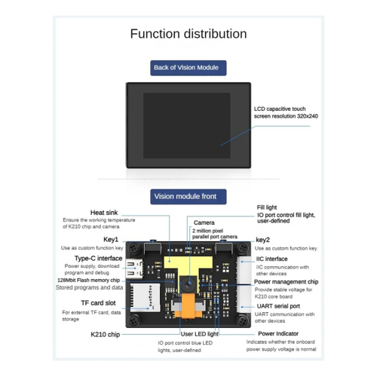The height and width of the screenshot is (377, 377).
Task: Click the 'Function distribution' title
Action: (x=188, y=34)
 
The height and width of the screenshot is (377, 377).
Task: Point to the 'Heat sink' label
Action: (x=103, y=213)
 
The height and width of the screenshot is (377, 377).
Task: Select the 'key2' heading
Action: (x=263, y=240)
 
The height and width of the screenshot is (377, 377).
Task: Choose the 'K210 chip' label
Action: (x=105, y=334)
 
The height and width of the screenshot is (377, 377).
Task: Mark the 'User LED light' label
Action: (x=200, y=333)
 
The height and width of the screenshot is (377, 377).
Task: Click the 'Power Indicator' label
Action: (x=278, y=333)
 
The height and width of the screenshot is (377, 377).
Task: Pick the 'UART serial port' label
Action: (x=278, y=306)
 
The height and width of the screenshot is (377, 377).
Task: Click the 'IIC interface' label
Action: (x=271, y=259)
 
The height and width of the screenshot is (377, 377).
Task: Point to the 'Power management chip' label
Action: (x=286, y=282)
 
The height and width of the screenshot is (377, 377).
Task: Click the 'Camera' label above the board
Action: (x=204, y=223)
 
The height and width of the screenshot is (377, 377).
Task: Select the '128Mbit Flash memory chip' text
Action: (x=93, y=280)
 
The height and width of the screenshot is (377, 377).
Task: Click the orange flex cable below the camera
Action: (x=188, y=308)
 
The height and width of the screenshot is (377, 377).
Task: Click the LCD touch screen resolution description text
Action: (x=286, y=112)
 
